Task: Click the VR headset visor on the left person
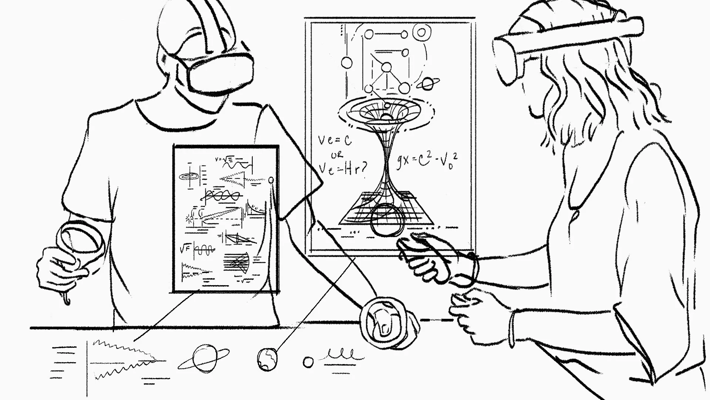point(221,73)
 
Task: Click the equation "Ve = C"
point(335,140)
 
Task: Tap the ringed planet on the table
point(203,357)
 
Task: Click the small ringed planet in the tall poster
point(428,84)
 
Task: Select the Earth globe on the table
point(267,359)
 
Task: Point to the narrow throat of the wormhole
point(386,163)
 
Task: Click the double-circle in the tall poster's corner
point(421,32)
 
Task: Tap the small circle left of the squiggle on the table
point(308,362)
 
